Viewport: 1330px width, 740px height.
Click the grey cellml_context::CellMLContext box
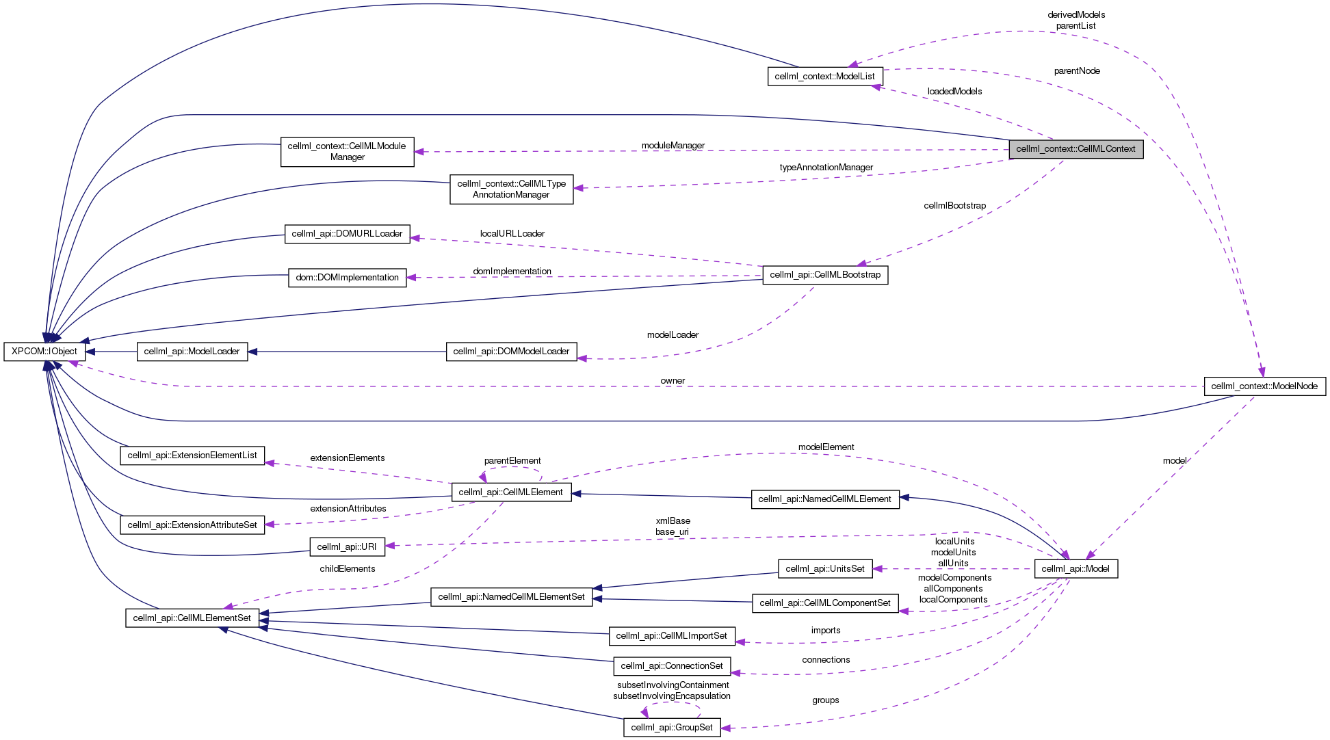point(1075,149)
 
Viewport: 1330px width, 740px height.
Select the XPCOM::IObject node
point(44,352)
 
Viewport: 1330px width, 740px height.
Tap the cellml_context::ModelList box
point(824,77)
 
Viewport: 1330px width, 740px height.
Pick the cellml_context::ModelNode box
point(1264,386)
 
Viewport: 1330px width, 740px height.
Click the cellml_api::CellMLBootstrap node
point(825,275)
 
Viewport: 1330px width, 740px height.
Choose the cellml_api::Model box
point(1075,569)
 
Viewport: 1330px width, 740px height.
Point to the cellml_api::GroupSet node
point(672,728)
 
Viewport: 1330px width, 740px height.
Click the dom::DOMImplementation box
point(347,278)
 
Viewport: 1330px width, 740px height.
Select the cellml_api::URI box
point(347,547)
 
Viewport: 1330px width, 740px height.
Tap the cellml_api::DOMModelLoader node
point(511,352)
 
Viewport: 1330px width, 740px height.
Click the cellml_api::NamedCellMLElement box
point(824,499)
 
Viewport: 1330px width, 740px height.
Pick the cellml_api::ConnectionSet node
point(672,666)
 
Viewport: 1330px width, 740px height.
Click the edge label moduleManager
point(673,146)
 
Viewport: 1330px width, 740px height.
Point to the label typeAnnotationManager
point(826,168)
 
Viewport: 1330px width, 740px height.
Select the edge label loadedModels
point(954,92)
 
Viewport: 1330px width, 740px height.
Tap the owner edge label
point(673,381)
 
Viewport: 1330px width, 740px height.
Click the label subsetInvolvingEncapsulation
point(672,696)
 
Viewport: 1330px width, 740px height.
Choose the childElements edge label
point(347,569)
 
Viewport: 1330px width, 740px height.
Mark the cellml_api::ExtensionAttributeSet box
point(192,525)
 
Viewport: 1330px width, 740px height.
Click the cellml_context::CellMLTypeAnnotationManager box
point(511,189)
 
